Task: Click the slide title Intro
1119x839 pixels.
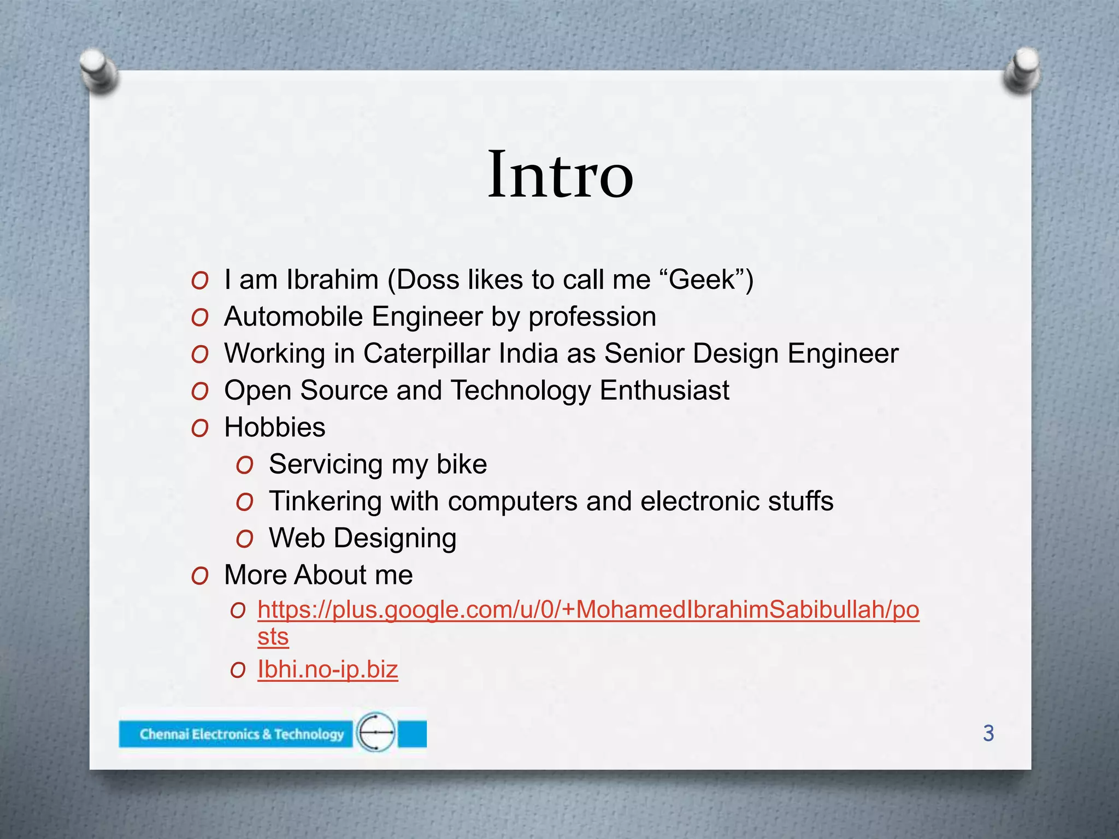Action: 560,175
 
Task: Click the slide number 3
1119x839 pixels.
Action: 988,733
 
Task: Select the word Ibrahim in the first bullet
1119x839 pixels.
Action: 332,280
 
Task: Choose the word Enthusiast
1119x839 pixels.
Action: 664,391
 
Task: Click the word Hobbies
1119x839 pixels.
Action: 274,427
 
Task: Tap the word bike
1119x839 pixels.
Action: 462,464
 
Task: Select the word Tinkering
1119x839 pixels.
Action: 325,501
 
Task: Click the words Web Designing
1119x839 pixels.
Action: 362,538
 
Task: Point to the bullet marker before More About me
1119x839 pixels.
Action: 200,576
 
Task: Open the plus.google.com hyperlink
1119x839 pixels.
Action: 588,610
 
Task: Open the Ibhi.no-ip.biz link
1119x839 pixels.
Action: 327,670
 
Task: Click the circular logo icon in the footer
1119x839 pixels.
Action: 376,732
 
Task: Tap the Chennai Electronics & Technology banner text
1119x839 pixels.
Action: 242,734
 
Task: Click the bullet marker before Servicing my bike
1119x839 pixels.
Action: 245,465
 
